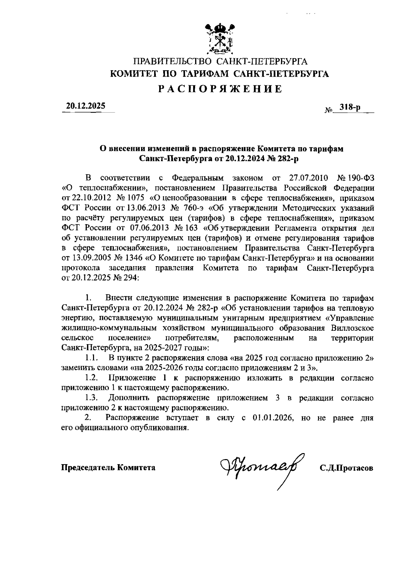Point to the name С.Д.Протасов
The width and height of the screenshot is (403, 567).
[346, 468]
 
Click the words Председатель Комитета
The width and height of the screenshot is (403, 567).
[108, 467]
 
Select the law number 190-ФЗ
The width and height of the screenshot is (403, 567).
[359, 177]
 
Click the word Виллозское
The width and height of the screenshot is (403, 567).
[352, 328]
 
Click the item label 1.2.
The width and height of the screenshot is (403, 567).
[91, 378]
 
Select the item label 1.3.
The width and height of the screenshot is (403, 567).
[91, 398]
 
